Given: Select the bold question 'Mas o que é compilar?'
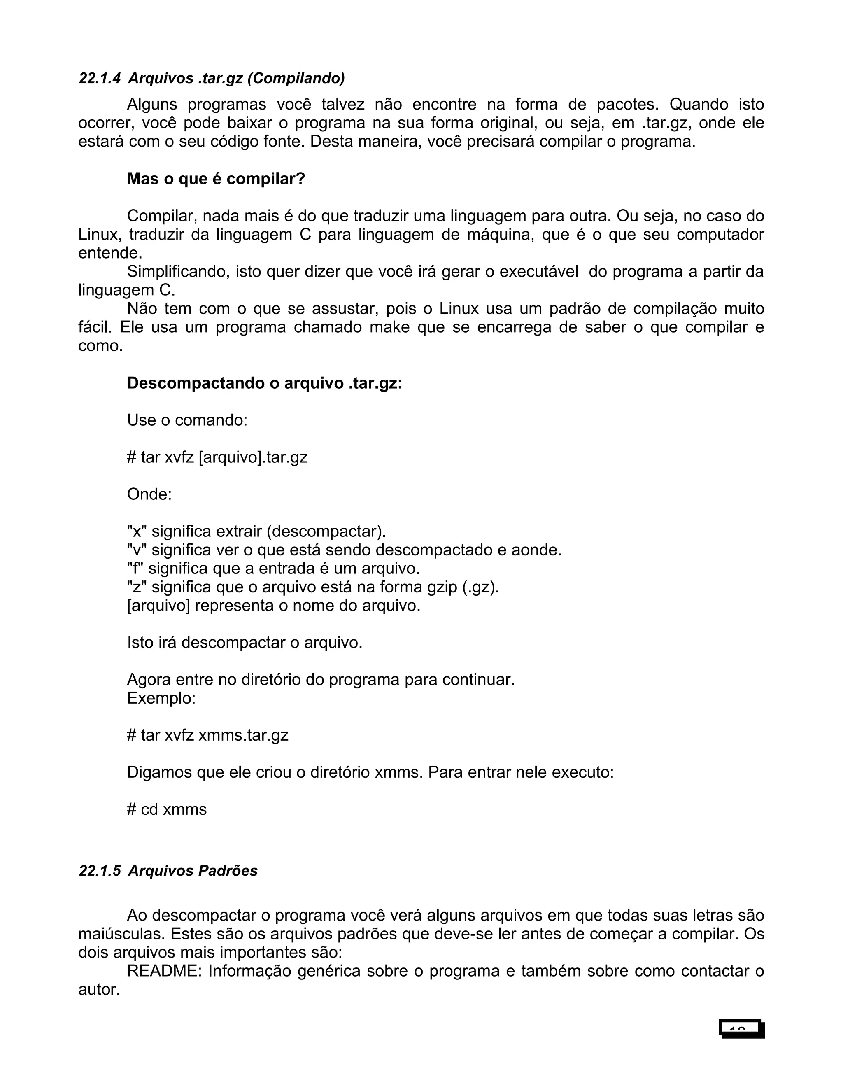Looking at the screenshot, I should [216, 179].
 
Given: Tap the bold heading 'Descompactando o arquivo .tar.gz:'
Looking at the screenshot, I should [265, 383].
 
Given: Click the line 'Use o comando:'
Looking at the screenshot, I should [187, 420].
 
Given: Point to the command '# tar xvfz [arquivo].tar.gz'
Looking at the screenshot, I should [217, 457].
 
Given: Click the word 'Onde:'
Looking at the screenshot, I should [149, 494].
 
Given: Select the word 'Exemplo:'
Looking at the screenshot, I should [161, 698].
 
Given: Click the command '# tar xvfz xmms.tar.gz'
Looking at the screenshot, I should [208, 735].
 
